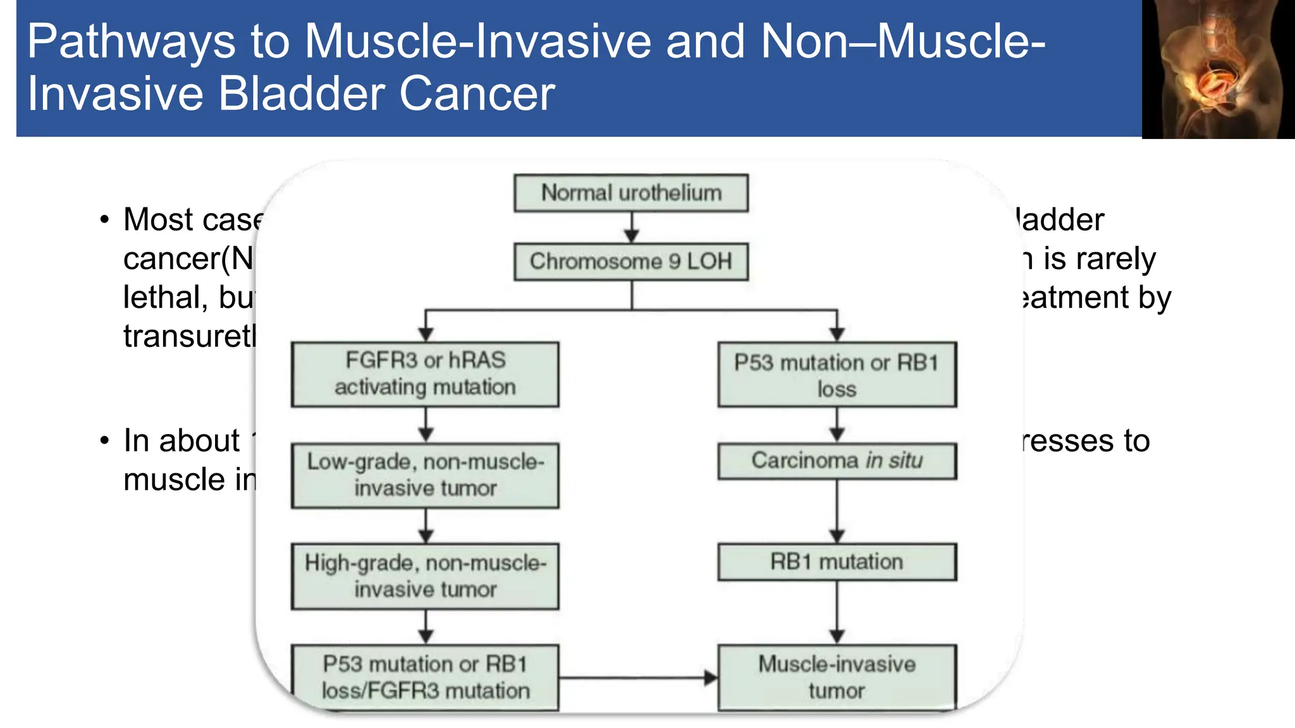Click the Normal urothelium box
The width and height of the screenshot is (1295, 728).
(630, 193)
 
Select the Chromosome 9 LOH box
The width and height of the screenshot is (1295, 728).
(630, 261)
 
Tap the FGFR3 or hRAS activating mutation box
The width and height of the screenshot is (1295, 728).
(425, 374)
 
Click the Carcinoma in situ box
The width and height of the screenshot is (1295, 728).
(837, 461)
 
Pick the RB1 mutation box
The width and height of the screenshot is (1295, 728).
(837, 562)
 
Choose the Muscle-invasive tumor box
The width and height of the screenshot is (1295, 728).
(837, 677)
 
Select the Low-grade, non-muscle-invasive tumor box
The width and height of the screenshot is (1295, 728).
(425, 475)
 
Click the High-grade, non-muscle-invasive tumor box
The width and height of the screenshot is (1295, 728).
(425, 576)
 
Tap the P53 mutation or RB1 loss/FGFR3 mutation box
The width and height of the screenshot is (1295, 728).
(425, 677)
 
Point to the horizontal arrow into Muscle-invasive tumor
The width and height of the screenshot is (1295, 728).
(639, 678)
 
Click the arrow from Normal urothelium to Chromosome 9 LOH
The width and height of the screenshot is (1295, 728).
(632, 227)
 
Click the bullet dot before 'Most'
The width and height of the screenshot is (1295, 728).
(105, 220)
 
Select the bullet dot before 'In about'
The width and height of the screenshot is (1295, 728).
(105, 441)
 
